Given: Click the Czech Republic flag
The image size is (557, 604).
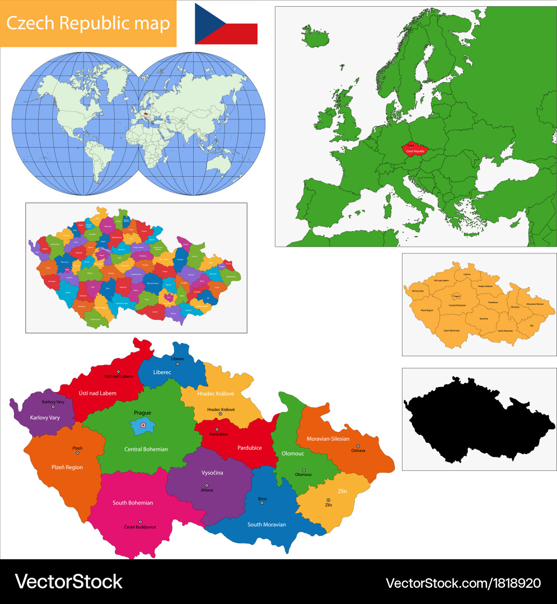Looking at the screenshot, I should point(226,23).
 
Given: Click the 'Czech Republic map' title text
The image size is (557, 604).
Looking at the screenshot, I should point(88,23).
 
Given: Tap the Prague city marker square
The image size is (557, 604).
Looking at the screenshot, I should point(143,425).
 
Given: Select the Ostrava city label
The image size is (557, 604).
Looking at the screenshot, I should point(358,450).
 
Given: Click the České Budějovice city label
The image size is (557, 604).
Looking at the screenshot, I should point(140,527).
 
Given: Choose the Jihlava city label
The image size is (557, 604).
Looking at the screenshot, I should point(207,490).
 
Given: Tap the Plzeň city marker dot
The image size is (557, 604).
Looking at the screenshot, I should point(77,453).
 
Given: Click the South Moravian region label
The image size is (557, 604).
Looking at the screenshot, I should point(266,525).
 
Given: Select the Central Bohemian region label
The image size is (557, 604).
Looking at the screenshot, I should point(146,449).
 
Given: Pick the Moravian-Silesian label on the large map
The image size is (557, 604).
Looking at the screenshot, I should point(327,438).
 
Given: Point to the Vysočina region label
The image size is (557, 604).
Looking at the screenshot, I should point(212,473).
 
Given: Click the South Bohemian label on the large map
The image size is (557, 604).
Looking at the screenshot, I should point(133,503).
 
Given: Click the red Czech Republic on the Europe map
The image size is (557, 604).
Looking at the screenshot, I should point(415,149).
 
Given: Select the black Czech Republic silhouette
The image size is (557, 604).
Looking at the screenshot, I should point(476,419).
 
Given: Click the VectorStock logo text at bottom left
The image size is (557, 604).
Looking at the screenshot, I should point(68,582).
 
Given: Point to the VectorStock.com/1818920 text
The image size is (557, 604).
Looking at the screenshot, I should point(463,583).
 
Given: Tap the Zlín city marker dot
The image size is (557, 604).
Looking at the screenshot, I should point(329,500).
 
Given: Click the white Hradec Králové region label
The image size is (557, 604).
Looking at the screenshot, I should point(215,394).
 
